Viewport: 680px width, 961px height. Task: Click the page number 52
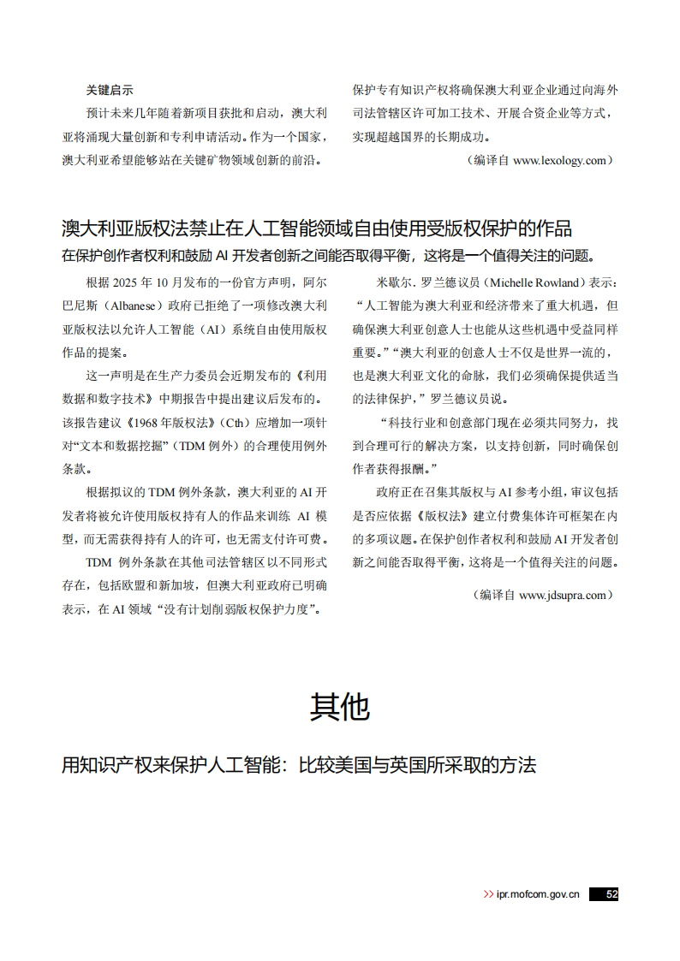tap(611, 893)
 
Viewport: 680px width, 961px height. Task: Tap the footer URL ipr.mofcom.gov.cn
tap(538, 894)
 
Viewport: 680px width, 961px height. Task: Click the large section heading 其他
tap(340, 707)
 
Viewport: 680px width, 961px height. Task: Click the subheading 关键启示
tap(110, 90)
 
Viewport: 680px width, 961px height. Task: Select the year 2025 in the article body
tap(125, 282)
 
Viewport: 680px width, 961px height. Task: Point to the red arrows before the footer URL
tap(488, 894)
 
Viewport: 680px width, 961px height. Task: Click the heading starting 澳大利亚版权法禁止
tap(317, 228)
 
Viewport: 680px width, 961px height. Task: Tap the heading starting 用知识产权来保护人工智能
tap(298, 764)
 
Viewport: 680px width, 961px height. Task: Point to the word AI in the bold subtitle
tap(220, 256)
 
